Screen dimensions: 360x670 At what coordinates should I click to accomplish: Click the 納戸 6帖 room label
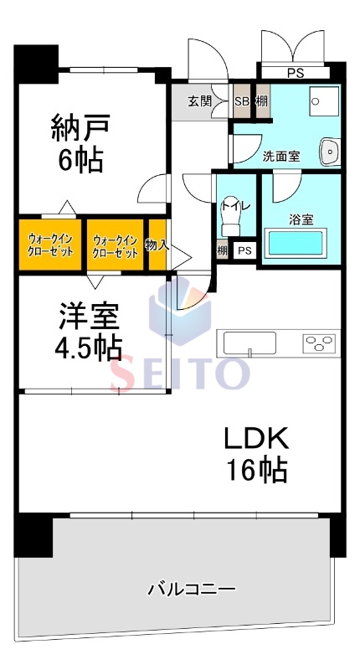click(x=77, y=142)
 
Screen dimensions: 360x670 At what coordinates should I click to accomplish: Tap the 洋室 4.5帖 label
click(x=89, y=330)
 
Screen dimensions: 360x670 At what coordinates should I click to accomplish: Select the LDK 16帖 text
click(x=256, y=454)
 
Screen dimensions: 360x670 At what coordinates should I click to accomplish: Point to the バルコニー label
click(x=192, y=590)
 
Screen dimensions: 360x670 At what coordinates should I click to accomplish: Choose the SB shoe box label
click(x=242, y=101)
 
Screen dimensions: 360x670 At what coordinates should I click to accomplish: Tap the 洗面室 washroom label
click(x=281, y=157)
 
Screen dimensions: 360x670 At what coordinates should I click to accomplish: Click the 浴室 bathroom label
click(x=301, y=219)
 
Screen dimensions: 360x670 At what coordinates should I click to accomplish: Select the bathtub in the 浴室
click(x=296, y=243)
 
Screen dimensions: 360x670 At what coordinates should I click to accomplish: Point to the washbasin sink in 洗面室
click(x=330, y=152)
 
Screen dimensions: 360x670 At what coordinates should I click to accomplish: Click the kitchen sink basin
click(x=249, y=343)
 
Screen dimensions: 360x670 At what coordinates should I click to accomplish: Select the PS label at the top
click(x=295, y=73)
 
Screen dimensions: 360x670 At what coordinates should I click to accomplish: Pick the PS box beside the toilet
click(x=244, y=250)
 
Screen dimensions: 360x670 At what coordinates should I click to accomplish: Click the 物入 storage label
click(x=157, y=245)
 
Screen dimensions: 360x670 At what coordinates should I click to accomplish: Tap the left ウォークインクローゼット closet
click(x=50, y=245)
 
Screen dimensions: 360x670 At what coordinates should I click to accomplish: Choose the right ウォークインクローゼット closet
click(x=115, y=245)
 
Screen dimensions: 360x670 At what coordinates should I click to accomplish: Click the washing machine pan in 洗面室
click(x=325, y=101)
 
